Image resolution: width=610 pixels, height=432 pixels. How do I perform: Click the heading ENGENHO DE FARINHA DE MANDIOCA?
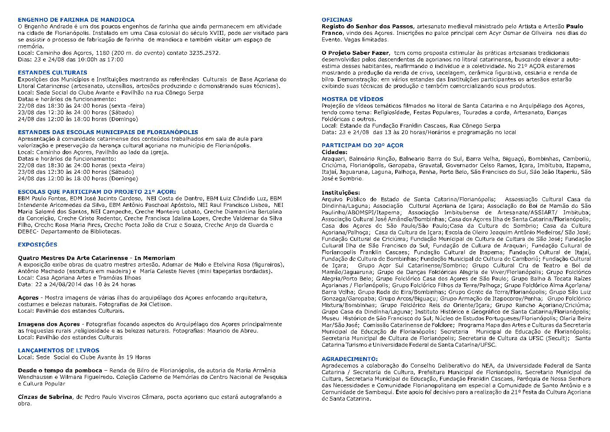pos(76,20)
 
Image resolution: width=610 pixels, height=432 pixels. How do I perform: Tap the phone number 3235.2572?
pos(206,53)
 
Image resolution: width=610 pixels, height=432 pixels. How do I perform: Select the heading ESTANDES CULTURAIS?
pos(52,73)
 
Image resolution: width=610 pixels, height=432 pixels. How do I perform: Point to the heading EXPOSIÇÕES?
pos(37,245)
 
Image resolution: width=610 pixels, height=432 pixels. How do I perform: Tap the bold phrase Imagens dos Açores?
pos(49,324)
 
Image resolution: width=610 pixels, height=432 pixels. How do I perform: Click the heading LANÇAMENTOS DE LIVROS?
pos(58,351)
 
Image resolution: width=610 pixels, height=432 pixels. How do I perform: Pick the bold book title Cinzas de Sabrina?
pos(45,397)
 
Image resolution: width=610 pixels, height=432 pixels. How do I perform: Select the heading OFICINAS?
pos(337,20)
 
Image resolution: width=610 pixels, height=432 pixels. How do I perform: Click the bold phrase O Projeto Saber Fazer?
pos(355,53)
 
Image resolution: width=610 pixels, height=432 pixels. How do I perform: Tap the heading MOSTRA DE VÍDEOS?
pos(352,99)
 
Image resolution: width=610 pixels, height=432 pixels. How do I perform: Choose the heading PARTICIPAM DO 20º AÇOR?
pos(362,145)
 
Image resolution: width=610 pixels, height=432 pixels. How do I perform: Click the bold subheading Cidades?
pos(334,152)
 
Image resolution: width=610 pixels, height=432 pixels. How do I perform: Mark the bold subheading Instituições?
pos(341,192)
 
